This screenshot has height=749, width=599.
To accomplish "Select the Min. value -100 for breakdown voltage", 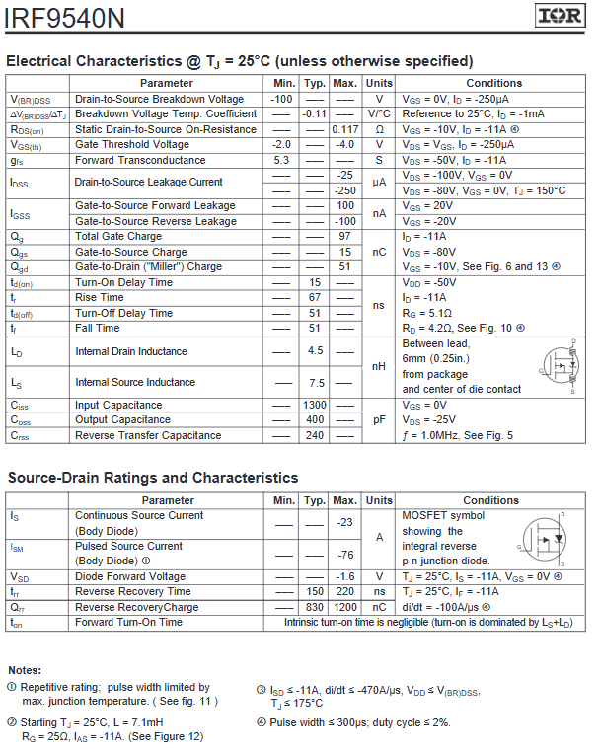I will point(283,99).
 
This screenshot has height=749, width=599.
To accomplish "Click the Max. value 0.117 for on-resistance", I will point(344,129).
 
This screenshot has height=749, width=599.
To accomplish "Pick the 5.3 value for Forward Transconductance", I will point(282,160).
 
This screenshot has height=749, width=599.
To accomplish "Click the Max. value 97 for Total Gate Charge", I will point(344,237).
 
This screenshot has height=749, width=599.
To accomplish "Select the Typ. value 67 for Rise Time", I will point(315,297).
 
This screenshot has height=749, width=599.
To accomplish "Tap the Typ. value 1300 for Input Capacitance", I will point(315,405).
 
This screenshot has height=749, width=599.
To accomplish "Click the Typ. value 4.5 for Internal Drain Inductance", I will point(315,351).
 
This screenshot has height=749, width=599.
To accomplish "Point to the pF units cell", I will point(378,419).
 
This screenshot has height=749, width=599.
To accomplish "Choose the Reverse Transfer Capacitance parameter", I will point(148,435).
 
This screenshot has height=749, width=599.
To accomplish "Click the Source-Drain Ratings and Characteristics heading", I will point(153,478).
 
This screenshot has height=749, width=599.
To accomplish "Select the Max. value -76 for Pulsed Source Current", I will point(344,554).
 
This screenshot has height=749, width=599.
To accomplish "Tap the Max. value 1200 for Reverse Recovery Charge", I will point(344,607).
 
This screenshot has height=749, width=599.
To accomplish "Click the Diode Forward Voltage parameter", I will point(130,576).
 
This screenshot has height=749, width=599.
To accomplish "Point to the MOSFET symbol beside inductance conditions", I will point(560,367).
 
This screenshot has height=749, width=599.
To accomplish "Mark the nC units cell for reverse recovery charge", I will point(378,607).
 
